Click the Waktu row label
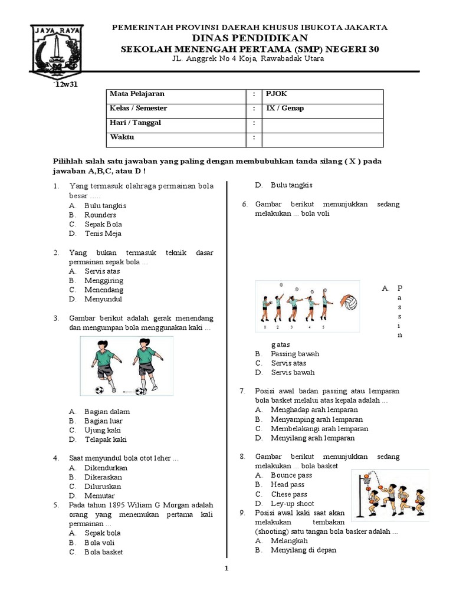click(x=122, y=137)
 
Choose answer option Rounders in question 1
click(x=100, y=215)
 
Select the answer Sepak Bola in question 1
click(x=103, y=224)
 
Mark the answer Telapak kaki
click(x=106, y=439)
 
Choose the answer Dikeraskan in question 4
click(x=106, y=477)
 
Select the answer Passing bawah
click(x=295, y=353)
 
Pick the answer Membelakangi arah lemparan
click(x=319, y=429)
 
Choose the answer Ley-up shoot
click(x=293, y=503)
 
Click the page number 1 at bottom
click(x=226, y=569)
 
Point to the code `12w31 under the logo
click(x=67, y=85)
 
